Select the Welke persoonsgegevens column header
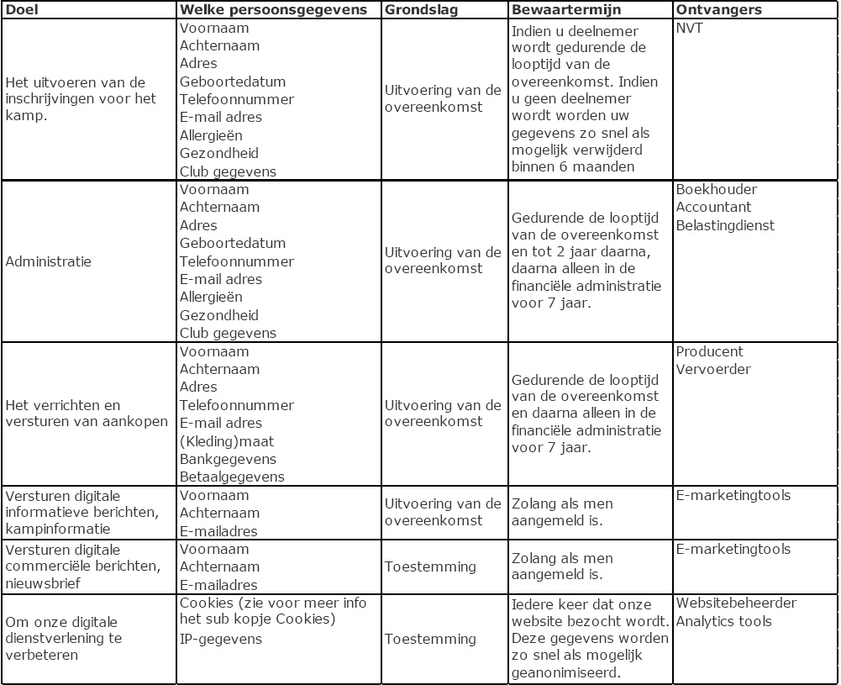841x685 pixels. (273, 9)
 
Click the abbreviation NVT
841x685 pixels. (690, 28)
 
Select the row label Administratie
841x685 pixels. (49, 261)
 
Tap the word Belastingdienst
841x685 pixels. (725, 225)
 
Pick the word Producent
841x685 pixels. (710, 351)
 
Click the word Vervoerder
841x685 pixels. (713, 369)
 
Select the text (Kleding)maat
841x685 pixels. (227, 441)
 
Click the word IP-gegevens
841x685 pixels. (221, 639)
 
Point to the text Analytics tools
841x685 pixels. (723, 621)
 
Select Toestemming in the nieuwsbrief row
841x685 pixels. (430, 566)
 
